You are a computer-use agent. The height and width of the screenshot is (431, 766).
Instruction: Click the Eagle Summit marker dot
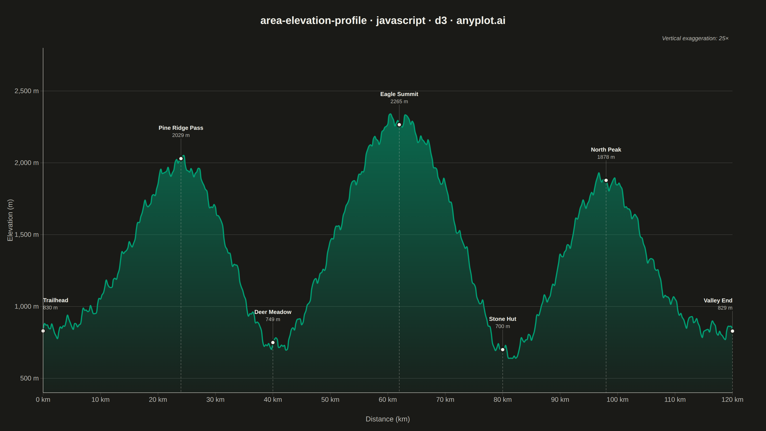click(399, 125)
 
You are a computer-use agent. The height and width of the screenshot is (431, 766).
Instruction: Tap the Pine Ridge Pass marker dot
click(181, 159)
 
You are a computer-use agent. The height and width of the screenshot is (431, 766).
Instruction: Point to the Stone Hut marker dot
click(502, 350)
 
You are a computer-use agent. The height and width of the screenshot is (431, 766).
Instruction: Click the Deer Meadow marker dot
click(273, 343)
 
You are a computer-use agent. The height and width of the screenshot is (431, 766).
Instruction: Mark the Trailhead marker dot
click(43, 331)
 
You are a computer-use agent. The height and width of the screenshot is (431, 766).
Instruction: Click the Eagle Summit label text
click(399, 94)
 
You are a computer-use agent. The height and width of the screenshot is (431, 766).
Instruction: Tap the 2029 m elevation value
click(181, 135)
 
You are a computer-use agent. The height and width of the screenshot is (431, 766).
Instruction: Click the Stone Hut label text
click(502, 319)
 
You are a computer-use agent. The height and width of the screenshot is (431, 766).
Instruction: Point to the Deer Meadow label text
click(273, 312)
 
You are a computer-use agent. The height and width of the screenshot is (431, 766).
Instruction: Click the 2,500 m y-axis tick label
click(27, 91)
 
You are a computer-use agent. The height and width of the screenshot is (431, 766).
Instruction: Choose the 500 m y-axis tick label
click(29, 378)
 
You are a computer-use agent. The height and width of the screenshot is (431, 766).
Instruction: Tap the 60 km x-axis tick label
click(388, 399)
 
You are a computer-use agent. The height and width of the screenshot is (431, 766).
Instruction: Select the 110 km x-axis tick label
click(675, 399)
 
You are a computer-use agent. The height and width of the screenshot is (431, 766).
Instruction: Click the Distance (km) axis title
click(388, 419)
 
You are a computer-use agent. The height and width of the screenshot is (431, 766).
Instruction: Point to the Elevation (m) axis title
click(10, 220)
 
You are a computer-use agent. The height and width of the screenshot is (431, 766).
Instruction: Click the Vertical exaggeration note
click(695, 38)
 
